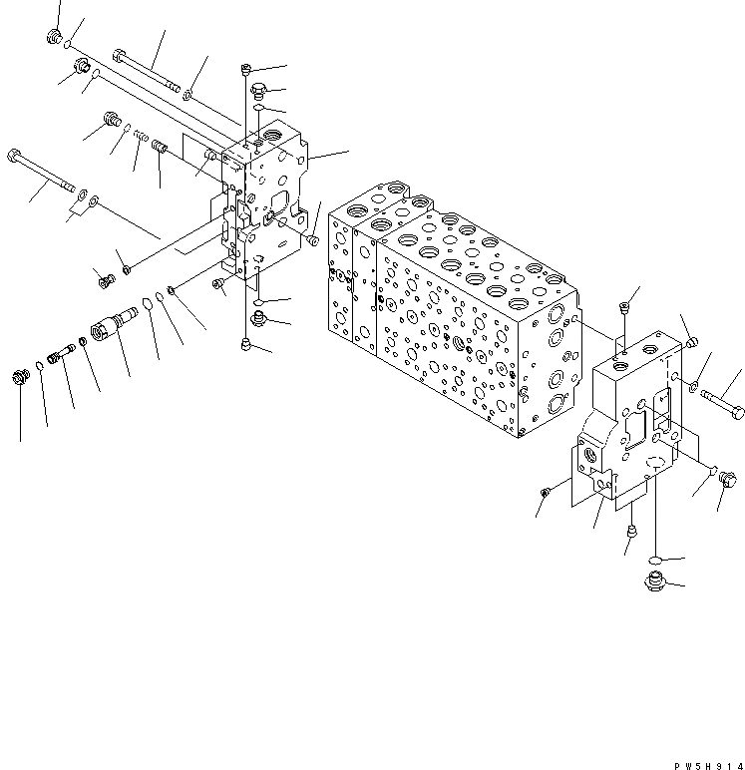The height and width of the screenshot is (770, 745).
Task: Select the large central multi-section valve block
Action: coord(449,309)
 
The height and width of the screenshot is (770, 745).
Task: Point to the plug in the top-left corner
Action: coord(54,38)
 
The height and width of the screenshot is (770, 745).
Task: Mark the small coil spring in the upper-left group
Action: coord(142,137)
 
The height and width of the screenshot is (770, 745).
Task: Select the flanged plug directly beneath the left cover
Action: coord(258,318)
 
